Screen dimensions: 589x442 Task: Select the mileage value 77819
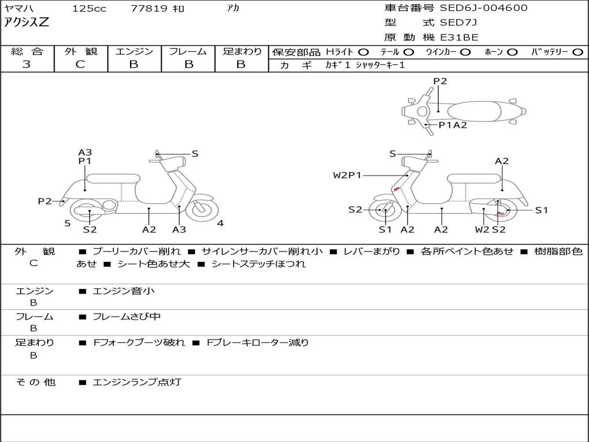[x=149, y=9]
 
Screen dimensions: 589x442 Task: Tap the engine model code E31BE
[x=459, y=37]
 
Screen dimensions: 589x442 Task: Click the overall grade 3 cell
[x=26, y=64]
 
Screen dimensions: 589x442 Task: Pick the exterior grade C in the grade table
[x=80, y=64]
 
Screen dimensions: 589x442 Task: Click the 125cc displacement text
[x=89, y=9]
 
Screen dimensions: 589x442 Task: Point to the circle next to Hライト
[x=364, y=52]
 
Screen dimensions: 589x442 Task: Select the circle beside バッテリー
[x=578, y=52]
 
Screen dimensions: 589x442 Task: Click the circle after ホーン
[x=512, y=52]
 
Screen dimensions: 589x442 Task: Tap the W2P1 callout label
[x=347, y=175]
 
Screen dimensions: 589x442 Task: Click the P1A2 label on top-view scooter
[x=453, y=125]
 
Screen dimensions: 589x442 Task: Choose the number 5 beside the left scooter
[x=67, y=223]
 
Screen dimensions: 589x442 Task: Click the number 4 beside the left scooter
[x=220, y=223]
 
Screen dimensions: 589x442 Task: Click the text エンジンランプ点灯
[x=137, y=382]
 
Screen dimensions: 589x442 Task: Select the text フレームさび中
[x=127, y=317]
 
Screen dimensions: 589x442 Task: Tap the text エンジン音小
[x=124, y=291]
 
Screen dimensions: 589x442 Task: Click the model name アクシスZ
[x=26, y=23]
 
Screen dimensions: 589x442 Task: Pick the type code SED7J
[x=458, y=23]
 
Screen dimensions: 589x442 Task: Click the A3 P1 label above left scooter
[x=85, y=157]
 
